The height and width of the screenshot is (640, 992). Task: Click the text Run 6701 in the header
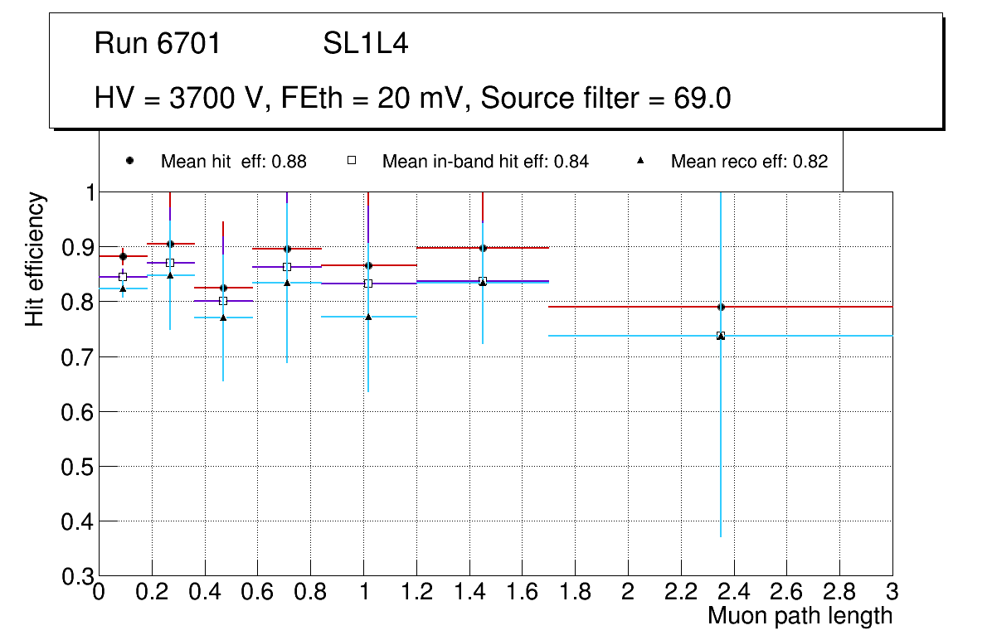(158, 44)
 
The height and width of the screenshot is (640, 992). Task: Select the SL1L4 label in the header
(366, 44)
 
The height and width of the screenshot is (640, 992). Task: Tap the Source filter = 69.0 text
(605, 99)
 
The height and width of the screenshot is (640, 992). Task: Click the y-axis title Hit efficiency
(35, 259)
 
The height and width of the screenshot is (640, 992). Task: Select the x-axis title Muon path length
(800, 616)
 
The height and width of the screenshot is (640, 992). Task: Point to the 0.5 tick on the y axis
(79, 467)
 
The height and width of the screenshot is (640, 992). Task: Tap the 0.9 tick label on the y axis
(79, 248)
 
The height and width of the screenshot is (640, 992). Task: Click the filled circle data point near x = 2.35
(721, 307)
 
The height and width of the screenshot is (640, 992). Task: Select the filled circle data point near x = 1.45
(483, 248)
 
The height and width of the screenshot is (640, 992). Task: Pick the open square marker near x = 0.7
(287, 267)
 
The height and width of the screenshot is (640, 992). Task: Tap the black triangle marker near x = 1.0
(368, 317)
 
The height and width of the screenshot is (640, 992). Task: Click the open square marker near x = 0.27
(170, 263)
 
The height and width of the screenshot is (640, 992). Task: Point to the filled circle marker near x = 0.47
(223, 288)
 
